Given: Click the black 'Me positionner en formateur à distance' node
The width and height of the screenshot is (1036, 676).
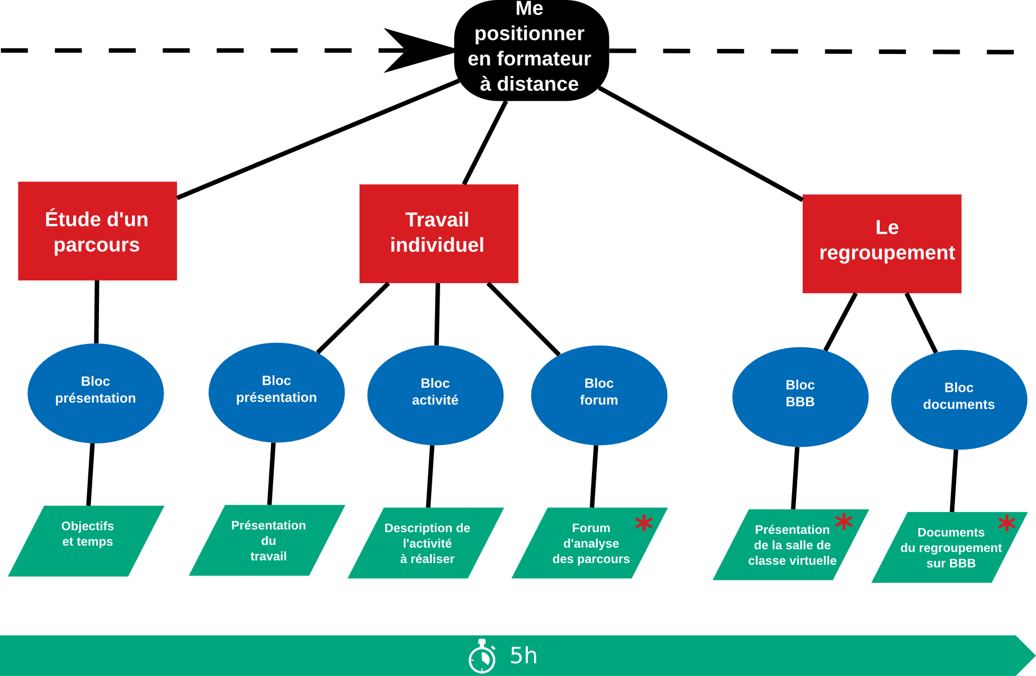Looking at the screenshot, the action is [531, 51].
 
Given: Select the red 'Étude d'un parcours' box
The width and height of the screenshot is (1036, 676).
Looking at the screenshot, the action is [97, 231].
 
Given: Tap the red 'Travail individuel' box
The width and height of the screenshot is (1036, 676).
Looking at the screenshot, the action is [438, 234].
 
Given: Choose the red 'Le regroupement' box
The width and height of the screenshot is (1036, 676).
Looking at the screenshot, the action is [881, 244].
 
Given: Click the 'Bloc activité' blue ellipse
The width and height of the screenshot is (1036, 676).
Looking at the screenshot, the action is [435, 395].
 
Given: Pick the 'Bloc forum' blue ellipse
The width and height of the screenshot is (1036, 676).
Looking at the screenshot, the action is [599, 395].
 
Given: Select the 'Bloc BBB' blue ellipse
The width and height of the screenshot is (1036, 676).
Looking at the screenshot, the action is [800, 397].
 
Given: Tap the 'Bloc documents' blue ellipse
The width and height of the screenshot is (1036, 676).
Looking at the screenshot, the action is [959, 400].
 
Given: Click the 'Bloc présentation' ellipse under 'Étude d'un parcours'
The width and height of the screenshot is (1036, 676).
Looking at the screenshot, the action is [96, 393].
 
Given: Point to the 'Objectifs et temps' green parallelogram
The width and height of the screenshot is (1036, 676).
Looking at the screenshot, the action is [86, 541].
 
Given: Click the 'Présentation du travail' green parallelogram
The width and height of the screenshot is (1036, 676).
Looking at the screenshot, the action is [267, 540].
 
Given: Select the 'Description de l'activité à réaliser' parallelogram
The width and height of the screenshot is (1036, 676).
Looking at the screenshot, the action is [426, 543].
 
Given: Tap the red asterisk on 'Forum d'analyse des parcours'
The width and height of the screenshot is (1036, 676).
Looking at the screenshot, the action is [644, 523].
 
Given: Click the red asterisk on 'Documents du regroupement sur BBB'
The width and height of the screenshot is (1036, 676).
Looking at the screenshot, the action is [1007, 523].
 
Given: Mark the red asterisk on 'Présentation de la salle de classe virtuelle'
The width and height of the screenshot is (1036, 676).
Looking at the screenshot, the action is [844, 521].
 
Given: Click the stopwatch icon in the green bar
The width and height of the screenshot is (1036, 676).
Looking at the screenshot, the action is [482, 656].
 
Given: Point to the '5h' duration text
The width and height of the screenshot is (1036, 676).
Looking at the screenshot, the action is [523, 656].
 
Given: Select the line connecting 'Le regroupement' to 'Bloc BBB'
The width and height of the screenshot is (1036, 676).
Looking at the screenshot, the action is [840, 321].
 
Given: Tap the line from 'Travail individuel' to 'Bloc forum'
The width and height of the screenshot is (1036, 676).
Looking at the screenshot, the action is [523, 319].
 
